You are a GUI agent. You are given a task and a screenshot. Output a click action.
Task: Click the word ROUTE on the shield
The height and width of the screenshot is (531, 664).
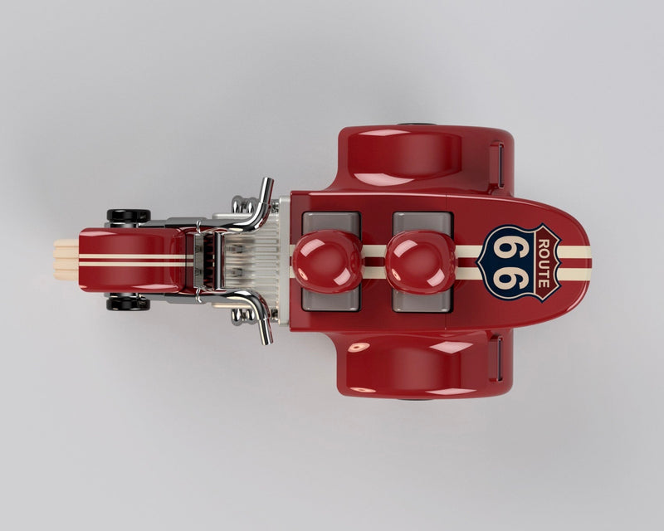[x=544, y=263]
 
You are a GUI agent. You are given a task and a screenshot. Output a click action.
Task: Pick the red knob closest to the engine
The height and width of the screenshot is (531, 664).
[x=327, y=261]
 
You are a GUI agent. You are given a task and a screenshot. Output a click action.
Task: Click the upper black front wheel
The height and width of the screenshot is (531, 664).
[x=129, y=215]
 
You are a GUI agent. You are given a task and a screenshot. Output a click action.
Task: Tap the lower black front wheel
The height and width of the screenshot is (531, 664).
[x=129, y=304]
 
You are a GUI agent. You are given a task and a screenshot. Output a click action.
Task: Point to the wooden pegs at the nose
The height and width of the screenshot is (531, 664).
[x=66, y=260]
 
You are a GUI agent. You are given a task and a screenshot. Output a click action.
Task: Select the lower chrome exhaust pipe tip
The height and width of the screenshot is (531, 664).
[x=266, y=334]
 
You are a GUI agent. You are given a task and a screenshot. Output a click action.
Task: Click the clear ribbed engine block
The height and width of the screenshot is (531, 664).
[x=252, y=260]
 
